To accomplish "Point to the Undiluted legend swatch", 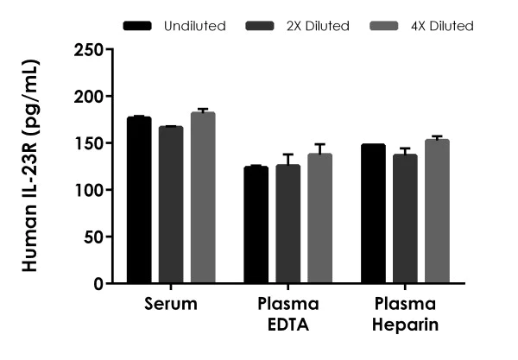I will pyautogui.click(x=137, y=26).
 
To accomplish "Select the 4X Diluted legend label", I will pyautogui.click(x=442, y=26).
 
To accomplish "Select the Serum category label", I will pyautogui.click(x=171, y=304).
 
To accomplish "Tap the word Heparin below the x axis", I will pyautogui.click(x=405, y=325).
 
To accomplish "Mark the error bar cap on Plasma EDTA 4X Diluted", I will pyautogui.click(x=320, y=144).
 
